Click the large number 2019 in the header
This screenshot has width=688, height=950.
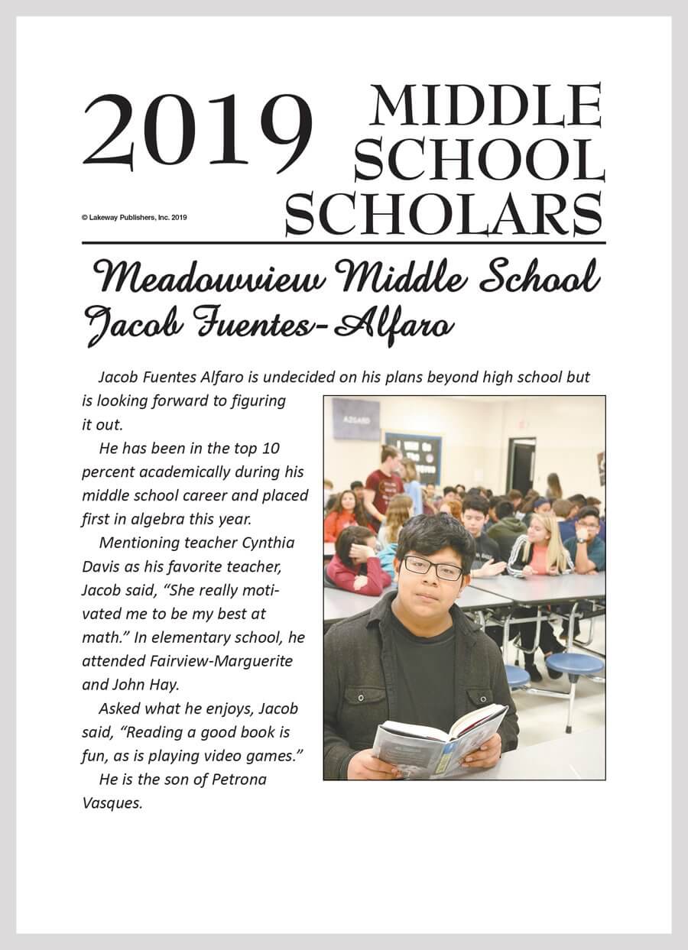(x=197, y=131)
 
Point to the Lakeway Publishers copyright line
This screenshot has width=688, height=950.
(x=134, y=217)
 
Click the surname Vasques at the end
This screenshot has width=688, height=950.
(x=112, y=803)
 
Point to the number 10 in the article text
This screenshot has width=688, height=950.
(x=272, y=447)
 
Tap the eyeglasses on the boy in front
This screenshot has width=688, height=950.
(x=433, y=568)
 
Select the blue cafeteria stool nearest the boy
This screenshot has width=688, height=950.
(x=517, y=676)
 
